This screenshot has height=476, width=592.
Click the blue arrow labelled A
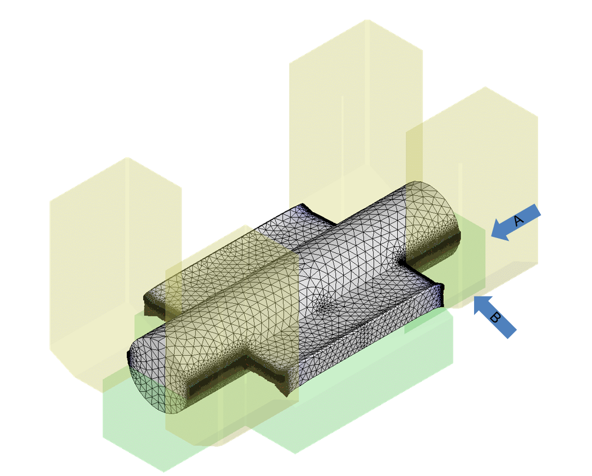pos(516,222)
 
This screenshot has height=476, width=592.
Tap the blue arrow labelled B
pos(495,317)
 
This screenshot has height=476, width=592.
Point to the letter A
pos(519,220)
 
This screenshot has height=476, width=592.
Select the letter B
pos(495,318)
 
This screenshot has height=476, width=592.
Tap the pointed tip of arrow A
pos(491,236)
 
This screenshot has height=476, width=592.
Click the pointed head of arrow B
pos(475,296)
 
